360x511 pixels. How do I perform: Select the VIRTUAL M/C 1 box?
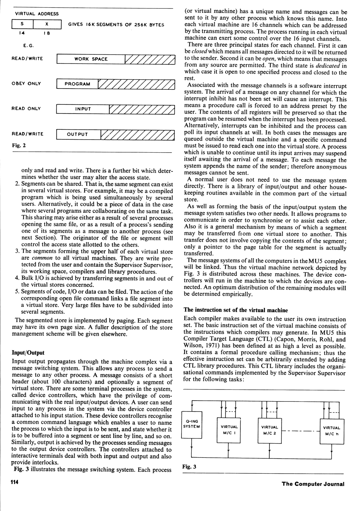tap(229, 429)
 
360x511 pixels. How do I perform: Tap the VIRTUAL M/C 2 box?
tap(270, 429)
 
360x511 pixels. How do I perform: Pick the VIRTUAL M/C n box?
tap(331, 430)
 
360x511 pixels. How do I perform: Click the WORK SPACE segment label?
tap(91, 59)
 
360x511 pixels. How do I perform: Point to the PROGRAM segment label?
tap(77, 84)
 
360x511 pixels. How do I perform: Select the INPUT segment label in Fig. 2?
tap(83, 109)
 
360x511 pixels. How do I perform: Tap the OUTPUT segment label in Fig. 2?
tap(77, 134)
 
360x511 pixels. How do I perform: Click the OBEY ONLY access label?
tap(26, 83)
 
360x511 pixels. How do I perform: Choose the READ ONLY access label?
tap(26, 108)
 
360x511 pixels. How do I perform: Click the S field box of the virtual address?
tap(22, 24)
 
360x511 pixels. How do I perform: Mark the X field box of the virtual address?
tap(47, 24)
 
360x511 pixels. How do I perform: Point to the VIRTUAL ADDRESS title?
tap(37, 14)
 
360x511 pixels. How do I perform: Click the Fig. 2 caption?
tap(19, 146)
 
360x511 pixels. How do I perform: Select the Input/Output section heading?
tap(28, 352)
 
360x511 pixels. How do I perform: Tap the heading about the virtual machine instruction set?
tap(235, 310)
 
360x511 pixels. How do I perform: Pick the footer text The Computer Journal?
tap(313, 484)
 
